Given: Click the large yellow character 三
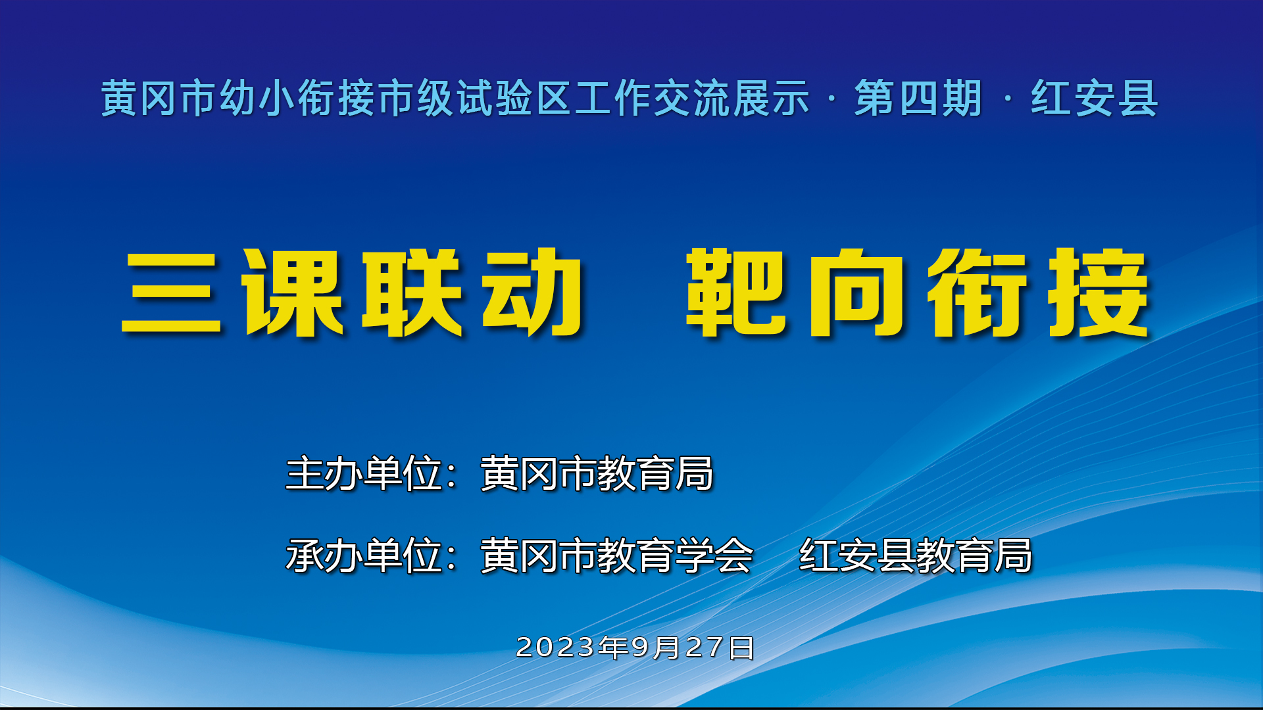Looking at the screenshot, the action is (171, 293).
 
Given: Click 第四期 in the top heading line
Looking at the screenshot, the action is (918, 99).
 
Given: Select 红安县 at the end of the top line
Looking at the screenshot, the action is (1094, 99).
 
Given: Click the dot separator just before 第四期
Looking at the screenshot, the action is (832, 99).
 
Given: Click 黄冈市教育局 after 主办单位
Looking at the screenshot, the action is (597, 473).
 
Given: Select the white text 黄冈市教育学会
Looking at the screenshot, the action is (616, 556).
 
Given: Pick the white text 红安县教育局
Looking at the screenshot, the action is (915, 556).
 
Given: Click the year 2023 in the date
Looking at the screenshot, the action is (556, 648).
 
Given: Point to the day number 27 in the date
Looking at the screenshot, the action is (706, 648).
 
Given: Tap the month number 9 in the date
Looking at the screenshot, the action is (641, 648).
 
